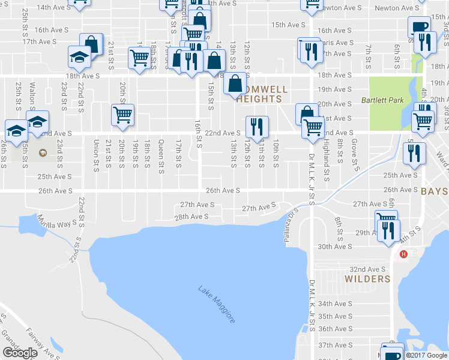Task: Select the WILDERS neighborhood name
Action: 367,279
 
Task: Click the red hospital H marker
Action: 403,254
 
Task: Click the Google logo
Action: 20,353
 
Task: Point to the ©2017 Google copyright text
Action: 426,355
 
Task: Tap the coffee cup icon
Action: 419,27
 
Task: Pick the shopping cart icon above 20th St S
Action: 122,115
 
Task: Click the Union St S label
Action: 96,155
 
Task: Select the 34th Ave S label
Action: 334,304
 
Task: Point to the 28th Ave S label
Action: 191,216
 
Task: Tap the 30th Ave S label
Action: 334,247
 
